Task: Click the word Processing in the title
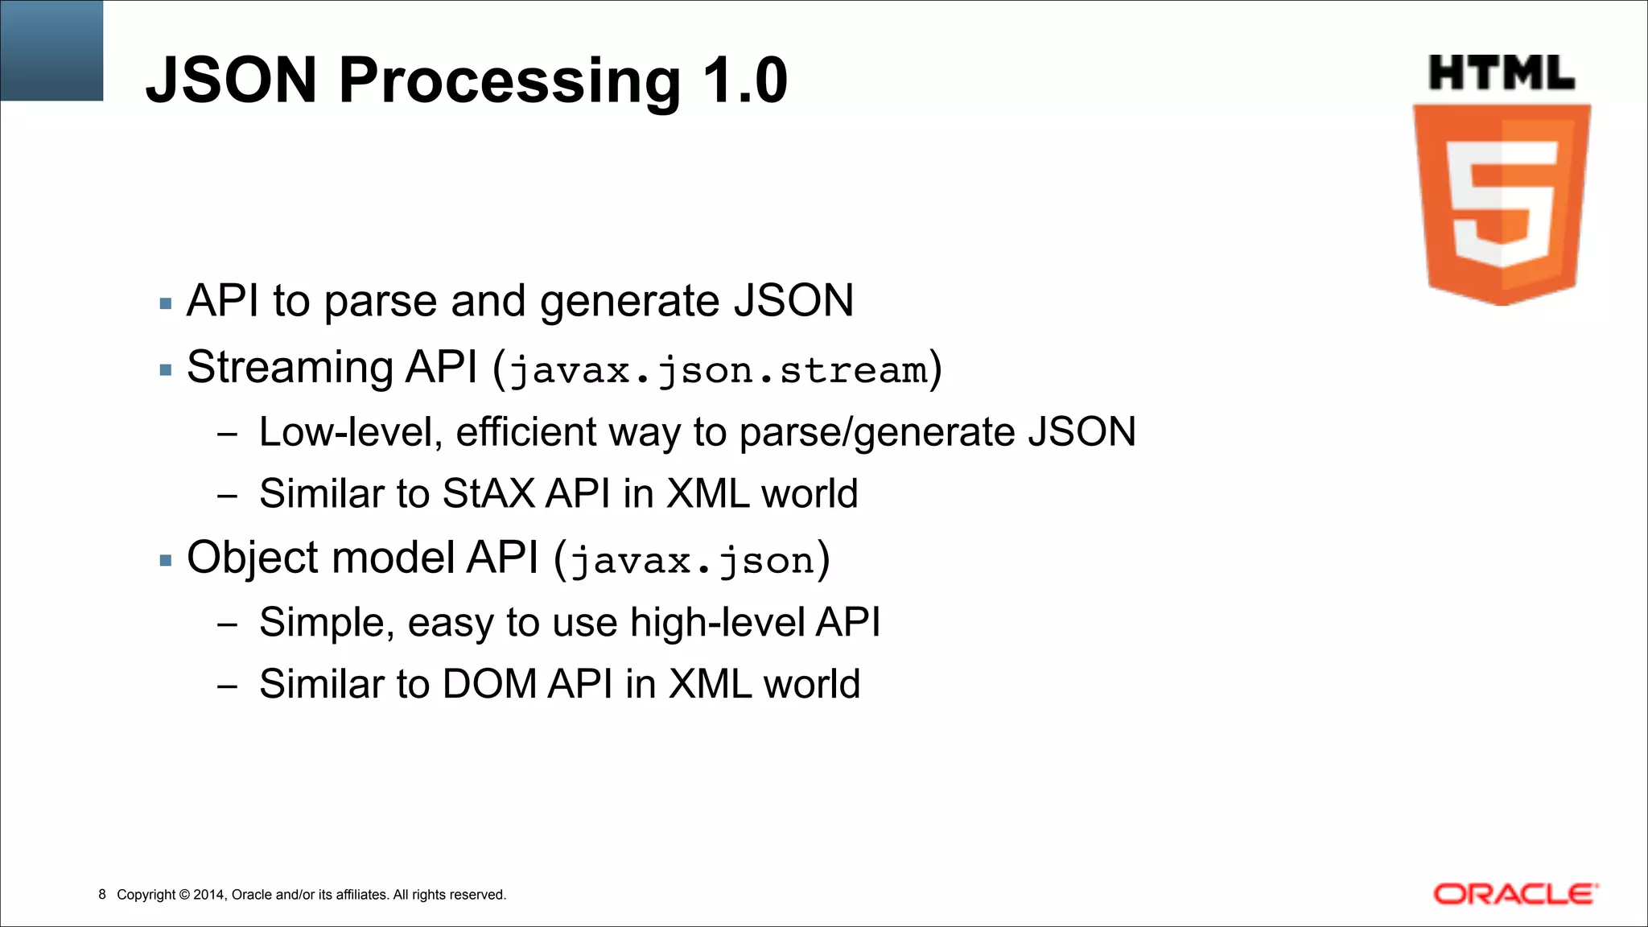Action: [509, 80]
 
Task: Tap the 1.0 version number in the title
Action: [744, 80]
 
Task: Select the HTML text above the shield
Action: [1502, 73]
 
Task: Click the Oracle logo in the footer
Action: [1515, 894]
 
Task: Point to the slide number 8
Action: [102, 894]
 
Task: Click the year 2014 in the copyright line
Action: [209, 894]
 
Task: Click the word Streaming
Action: [290, 368]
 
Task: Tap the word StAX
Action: [488, 493]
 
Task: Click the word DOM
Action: [489, 684]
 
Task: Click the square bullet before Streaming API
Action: [166, 370]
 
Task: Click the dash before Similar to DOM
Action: [228, 686]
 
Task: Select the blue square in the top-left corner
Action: [51, 50]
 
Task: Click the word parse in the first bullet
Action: [381, 302]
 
